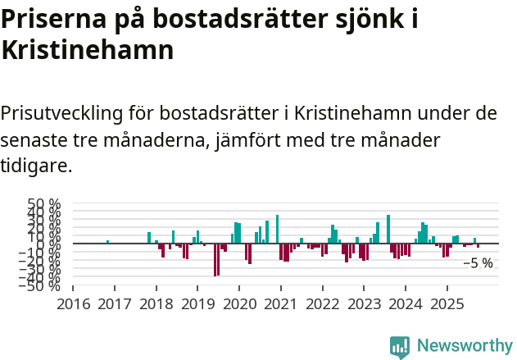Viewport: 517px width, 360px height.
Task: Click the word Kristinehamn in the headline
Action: tap(88, 50)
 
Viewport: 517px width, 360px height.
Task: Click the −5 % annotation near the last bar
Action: tap(478, 263)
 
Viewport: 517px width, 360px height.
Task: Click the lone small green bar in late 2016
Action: tap(107, 242)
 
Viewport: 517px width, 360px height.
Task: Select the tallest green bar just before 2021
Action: tap(278, 229)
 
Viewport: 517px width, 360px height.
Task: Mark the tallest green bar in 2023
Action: tap(388, 229)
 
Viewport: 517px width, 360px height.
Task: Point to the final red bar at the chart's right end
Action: tap(478, 245)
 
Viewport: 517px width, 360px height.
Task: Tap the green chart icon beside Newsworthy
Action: tap(400, 347)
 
